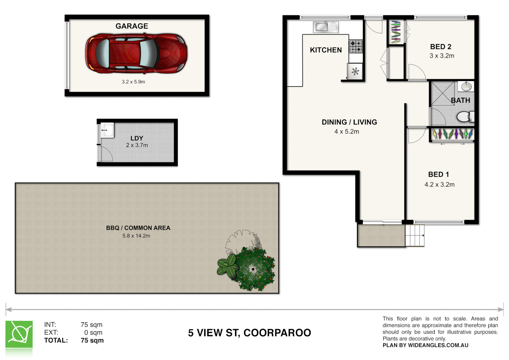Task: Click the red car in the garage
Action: coord(136,54)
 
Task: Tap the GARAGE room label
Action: coord(132,26)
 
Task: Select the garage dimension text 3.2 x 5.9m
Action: coord(133,82)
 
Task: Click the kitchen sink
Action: coord(322,27)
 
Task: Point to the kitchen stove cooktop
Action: coord(355,47)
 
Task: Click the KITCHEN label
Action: coord(326,50)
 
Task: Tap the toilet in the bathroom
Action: coord(464,117)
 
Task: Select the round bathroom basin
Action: coord(466,87)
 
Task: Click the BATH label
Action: coord(460,100)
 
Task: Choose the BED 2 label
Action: coord(440,47)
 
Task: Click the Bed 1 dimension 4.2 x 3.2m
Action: coord(439,184)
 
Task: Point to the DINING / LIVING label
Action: coord(349,122)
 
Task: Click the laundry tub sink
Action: coord(107,130)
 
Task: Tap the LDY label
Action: coord(137,138)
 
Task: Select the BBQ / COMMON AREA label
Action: coord(138,228)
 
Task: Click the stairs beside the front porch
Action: coord(415,236)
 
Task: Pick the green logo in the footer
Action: coord(19,334)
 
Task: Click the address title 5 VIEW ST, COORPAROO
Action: coord(249,333)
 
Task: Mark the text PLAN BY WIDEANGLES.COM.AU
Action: coord(425,345)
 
